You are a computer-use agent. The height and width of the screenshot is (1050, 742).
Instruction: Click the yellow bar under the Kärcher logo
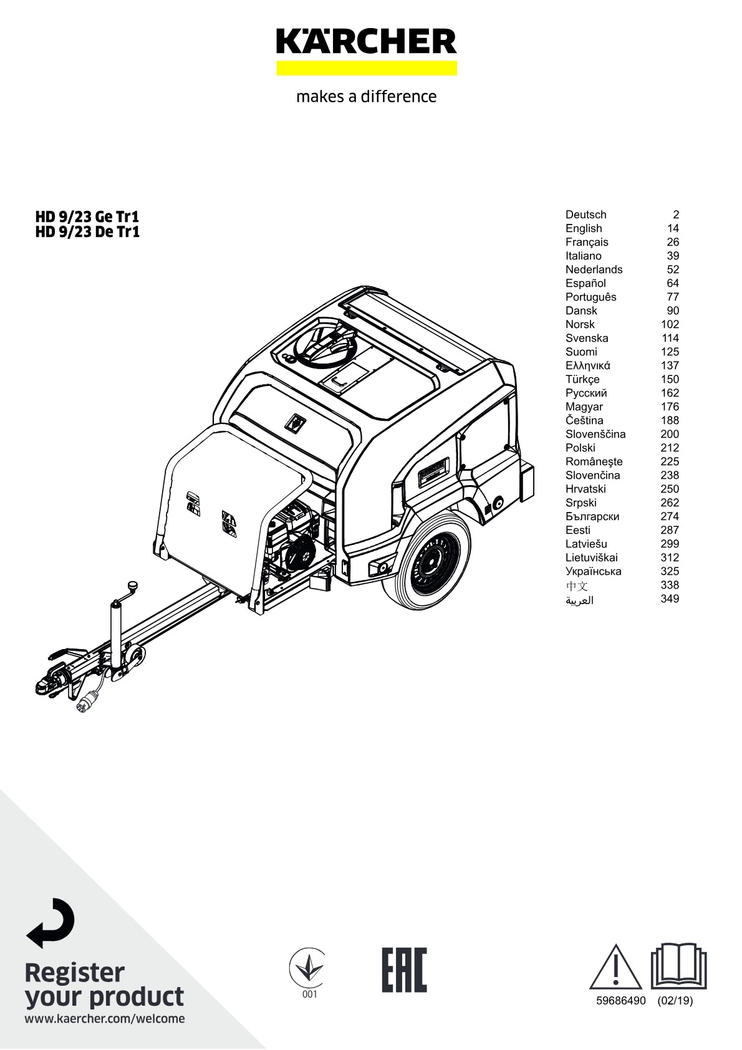click(x=367, y=68)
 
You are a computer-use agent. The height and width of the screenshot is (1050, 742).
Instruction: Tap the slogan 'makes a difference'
click(x=367, y=97)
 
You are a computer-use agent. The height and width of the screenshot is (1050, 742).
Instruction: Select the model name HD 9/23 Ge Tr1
click(x=87, y=217)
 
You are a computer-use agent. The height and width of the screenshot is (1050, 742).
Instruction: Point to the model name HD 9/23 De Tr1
click(x=87, y=232)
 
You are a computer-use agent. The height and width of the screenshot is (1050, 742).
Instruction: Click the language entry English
click(x=584, y=228)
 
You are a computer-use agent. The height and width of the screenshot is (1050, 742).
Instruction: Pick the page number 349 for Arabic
click(x=670, y=599)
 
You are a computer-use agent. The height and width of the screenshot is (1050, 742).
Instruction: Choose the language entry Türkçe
click(x=582, y=379)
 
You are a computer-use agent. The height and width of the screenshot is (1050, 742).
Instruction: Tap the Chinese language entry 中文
click(x=577, y=585)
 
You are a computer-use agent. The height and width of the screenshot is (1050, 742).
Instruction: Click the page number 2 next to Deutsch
click(x=676, y=214)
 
